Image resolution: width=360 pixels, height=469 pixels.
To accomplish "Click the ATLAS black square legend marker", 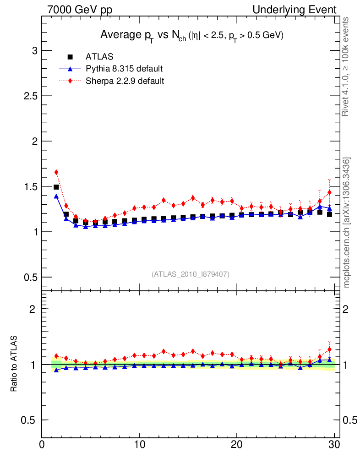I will point(71,57).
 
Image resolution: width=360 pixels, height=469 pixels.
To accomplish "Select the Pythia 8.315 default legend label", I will point(124,69).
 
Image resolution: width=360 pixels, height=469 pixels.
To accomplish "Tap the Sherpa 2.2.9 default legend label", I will point(125,81).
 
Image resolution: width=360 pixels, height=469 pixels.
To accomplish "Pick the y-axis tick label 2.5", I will point(29,96).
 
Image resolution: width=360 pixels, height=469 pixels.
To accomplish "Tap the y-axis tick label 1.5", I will point(29,186).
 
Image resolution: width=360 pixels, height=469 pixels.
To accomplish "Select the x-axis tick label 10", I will point(139,445).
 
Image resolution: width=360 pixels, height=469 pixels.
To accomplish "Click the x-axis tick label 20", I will point(237,445).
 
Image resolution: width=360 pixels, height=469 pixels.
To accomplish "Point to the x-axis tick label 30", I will point(334,445).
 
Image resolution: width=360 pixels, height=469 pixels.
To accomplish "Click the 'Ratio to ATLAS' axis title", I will point(14,364).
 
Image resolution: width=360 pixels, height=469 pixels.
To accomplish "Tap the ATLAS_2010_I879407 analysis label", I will point(191,274).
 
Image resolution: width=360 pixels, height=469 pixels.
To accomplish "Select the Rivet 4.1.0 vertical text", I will point(347,66).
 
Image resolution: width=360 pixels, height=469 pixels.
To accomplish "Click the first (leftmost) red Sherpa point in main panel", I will point(56,172).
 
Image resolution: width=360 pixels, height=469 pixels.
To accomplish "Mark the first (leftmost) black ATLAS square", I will point(56,187).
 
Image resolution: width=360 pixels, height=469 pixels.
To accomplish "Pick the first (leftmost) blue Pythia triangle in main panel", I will point(56,196).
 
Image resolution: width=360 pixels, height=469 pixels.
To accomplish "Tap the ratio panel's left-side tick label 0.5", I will point(29,420).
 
